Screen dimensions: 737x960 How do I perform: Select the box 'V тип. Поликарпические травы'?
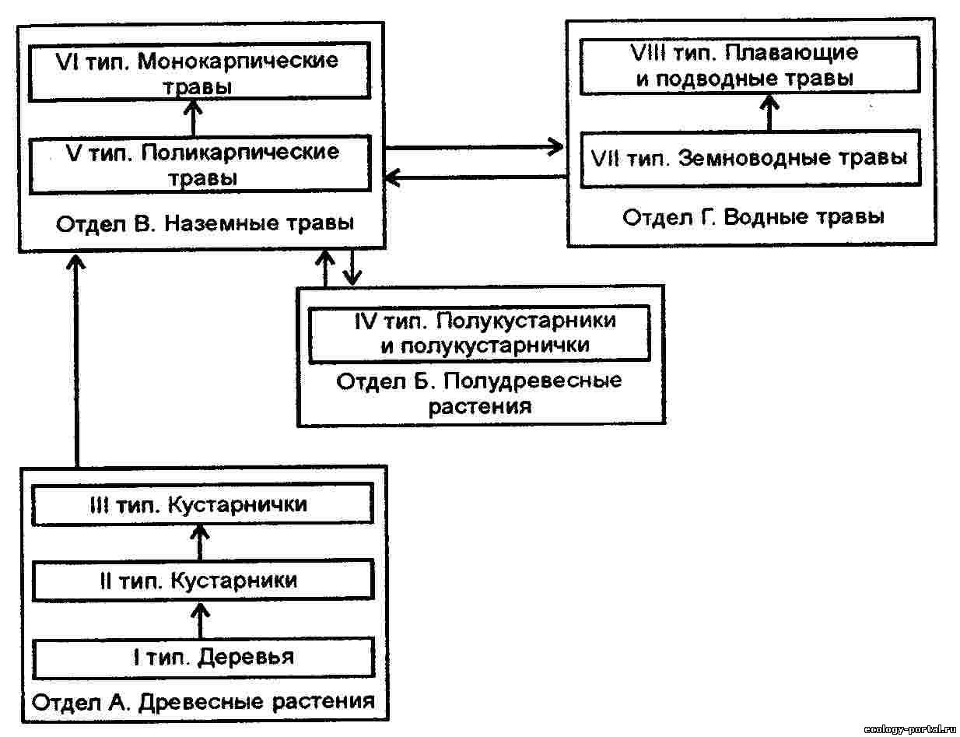(200, 164)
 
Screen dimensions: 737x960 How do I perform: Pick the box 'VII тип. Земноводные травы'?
(752, 159)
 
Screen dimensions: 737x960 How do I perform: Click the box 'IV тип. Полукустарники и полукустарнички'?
(479, 334)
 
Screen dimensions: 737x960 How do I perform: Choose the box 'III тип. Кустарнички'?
(201, 504)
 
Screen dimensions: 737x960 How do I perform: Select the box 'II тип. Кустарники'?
(201, 581)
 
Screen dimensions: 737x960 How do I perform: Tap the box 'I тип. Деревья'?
(201, 657)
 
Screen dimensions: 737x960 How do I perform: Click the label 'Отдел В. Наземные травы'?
(205, 224)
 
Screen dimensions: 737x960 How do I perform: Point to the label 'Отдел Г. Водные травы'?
(752, 216)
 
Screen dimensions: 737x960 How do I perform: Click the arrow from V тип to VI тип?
(193, 118)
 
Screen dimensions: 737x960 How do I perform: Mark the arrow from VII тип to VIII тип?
(769, 114)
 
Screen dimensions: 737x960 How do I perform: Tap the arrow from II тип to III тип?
(201, 542)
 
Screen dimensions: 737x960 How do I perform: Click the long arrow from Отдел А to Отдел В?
(76, 358)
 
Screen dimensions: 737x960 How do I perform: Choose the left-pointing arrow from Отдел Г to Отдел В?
(475, 178)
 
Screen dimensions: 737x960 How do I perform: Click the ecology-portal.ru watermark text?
(911, 729)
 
